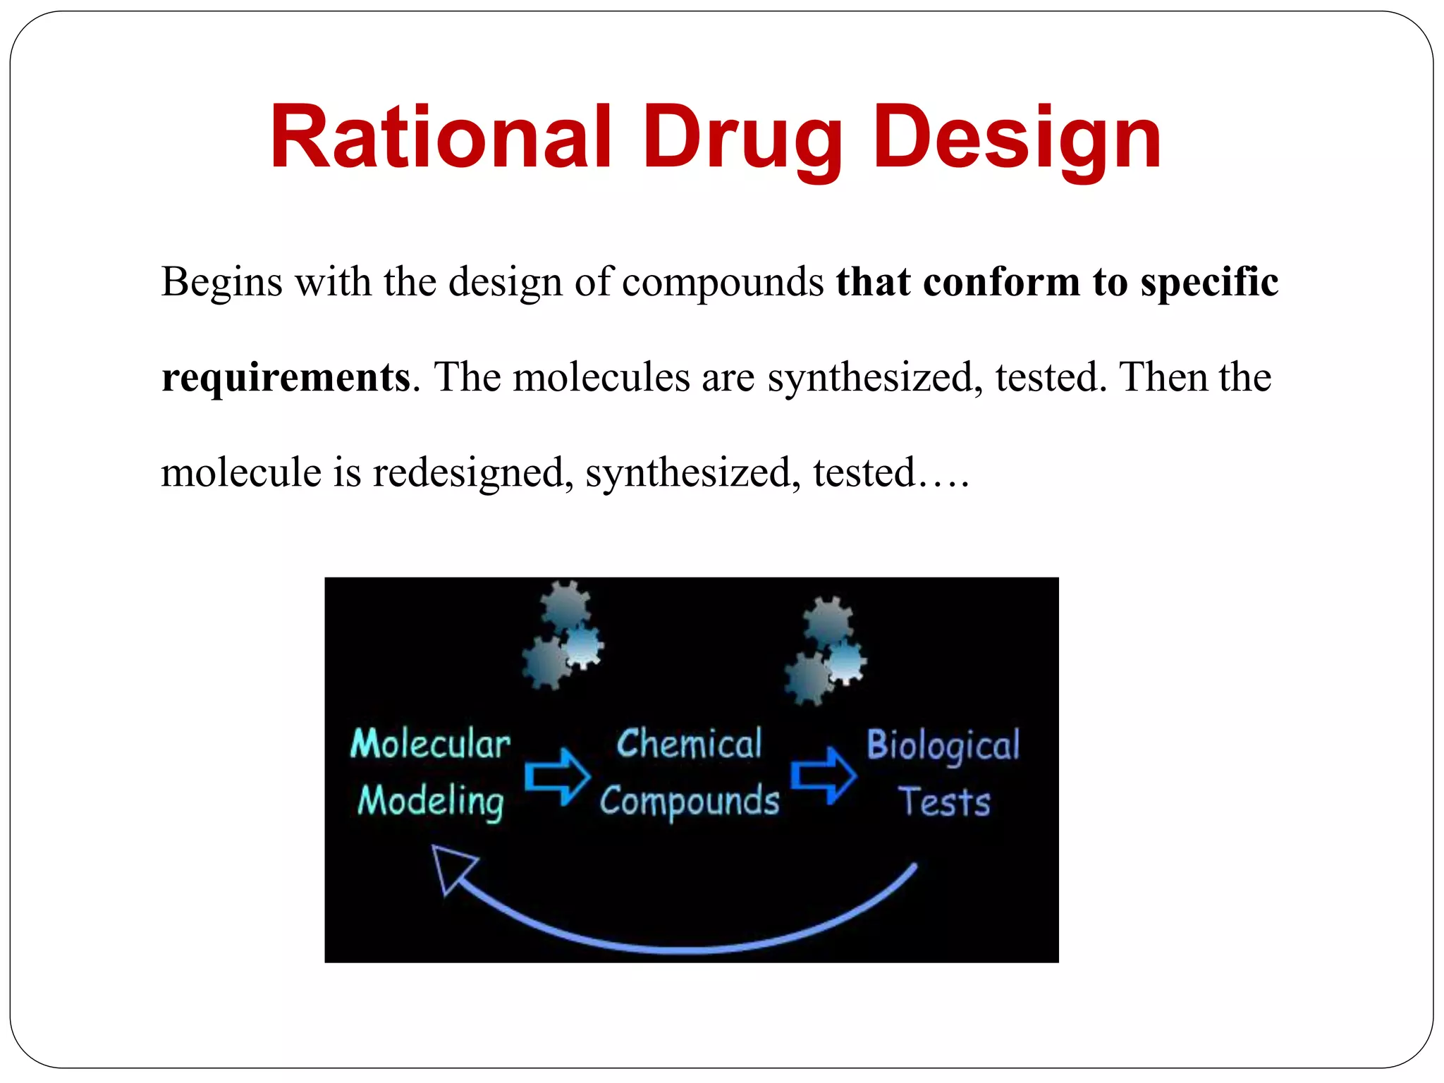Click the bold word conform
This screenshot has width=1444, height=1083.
[1001, 282]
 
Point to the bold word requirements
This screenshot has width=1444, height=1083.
[286, 378]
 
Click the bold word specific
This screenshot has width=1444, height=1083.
[1209, 283]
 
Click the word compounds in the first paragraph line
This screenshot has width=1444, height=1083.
[723, 283]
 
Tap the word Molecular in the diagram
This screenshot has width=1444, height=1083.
[430, 745]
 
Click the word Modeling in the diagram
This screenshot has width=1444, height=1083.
[430, 802]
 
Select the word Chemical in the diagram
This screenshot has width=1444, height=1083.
[689, 745]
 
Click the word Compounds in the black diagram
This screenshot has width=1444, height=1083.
[689, 802]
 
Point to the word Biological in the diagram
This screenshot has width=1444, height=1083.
[943, 746]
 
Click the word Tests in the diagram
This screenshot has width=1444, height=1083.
[944, 802]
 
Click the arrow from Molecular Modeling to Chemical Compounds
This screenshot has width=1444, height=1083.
[557, 776]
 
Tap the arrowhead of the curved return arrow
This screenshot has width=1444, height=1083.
[451, 867]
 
